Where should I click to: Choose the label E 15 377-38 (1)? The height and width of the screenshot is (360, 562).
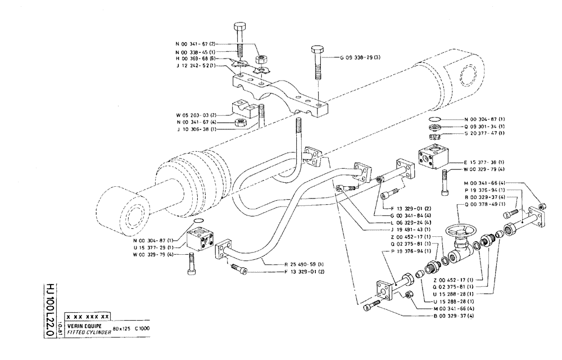tap(487, 161)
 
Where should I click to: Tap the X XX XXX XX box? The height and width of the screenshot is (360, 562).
tap(88, 317)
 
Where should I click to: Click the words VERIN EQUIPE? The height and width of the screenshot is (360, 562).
tap(84, 326)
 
